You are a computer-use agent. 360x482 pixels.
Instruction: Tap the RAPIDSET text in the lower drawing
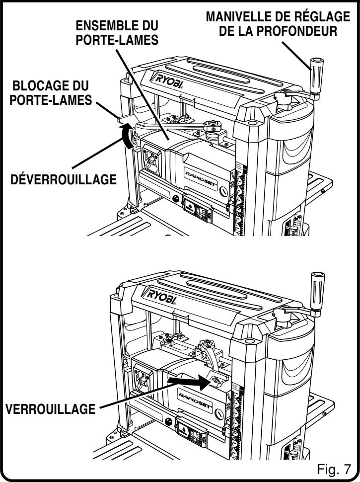tap(201, 396)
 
